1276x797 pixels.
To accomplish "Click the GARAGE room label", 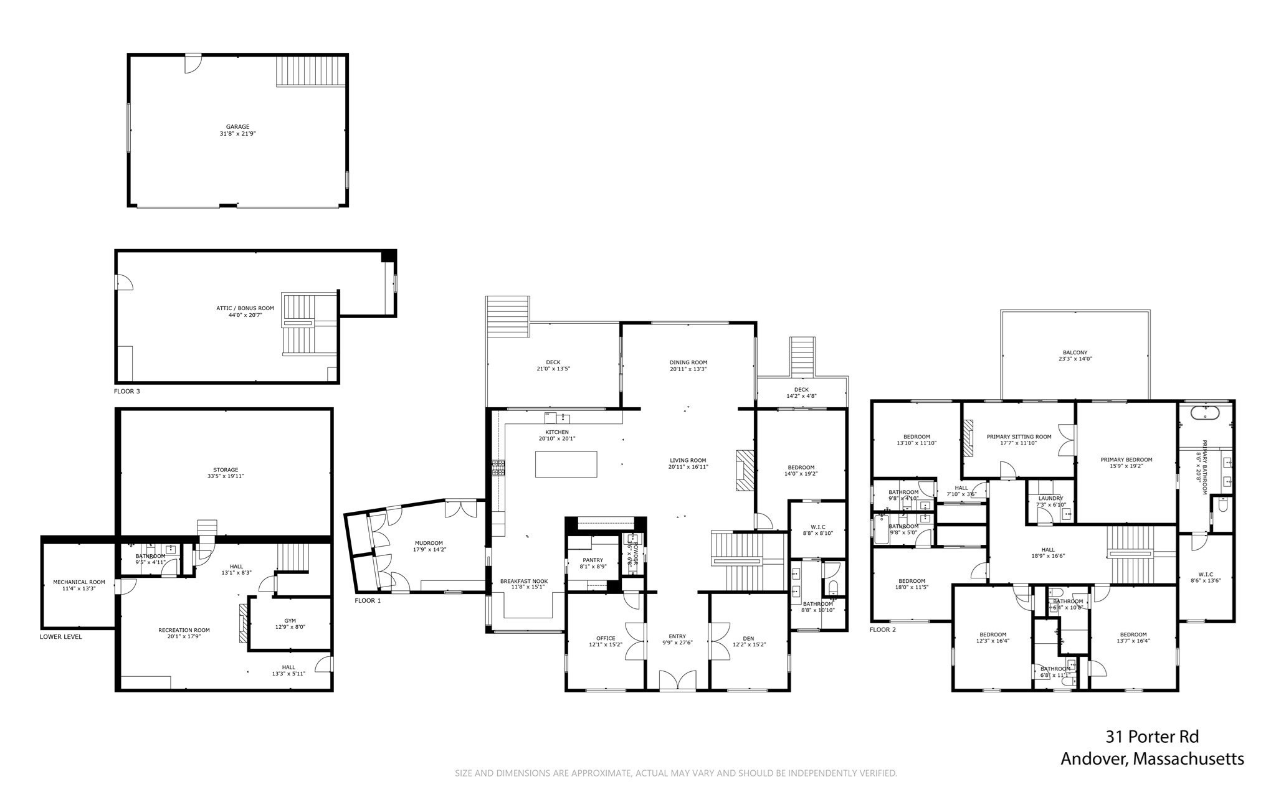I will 237,126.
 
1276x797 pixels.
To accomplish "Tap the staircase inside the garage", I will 310,71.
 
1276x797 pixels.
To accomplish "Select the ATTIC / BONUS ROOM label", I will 245,308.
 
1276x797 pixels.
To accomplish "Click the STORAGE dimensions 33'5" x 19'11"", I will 226,476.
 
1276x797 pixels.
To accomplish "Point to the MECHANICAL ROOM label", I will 79,582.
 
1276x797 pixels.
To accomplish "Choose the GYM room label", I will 290,620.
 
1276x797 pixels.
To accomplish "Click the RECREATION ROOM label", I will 184,630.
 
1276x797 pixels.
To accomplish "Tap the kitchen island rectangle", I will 566,464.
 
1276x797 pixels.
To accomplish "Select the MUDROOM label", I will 428,542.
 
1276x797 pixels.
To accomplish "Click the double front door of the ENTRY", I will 677,681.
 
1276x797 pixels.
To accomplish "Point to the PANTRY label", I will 593,560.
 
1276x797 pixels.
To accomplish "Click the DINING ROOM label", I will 688,362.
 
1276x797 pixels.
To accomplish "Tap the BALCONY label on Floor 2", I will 1075,352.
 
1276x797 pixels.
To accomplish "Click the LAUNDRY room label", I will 1050,498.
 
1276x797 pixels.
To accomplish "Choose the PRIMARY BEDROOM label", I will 1126,460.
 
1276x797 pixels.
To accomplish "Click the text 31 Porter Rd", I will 1152,737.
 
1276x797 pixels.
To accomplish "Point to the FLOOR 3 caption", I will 126,392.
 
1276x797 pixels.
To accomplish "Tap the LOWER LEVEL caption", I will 60,637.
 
